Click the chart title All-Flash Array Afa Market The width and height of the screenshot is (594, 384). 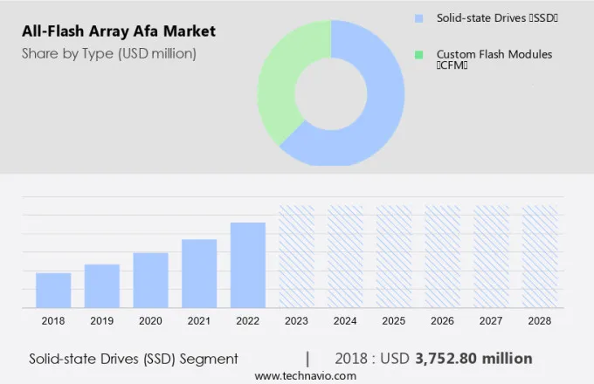click(x=118, y=32)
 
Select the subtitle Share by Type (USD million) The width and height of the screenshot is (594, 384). click(x=109, y=54)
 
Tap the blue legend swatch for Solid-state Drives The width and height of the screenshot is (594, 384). click(x=418, y=17)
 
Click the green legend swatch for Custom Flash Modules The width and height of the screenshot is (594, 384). click(x=418, y=54)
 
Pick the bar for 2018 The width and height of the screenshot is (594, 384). click(x=53, y=290)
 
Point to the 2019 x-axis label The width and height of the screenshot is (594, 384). click(x=101, y=321)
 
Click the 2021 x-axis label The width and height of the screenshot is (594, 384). click(x=199, y=321)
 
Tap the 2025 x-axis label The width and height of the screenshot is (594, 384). click(x=394, y=321)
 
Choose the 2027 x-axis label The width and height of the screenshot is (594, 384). click(x=491, y=321)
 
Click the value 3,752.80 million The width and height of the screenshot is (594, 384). click(x=473, y=359)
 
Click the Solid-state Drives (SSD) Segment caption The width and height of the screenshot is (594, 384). click(x=134, y=359)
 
